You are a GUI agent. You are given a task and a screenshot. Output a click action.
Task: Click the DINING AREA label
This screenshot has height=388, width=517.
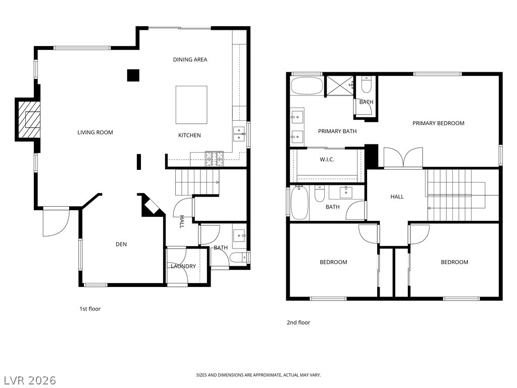point(190,60)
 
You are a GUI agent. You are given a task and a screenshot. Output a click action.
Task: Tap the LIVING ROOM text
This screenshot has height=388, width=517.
point(95,133)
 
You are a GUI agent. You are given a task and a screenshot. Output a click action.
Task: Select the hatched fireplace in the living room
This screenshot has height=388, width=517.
point(29,119)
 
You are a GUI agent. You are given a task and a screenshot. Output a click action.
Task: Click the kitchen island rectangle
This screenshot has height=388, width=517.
point(191,105)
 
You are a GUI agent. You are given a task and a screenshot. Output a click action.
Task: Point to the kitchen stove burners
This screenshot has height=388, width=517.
point(214,159)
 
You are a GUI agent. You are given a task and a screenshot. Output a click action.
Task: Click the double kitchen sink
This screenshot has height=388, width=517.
point(239,134)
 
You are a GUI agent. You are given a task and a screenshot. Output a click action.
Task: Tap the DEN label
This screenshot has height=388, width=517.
point(121,245)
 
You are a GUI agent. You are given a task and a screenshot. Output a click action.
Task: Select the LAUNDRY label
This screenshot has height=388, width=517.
point(183,266)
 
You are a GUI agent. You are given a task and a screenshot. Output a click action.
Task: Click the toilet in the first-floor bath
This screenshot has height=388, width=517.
point(238,257)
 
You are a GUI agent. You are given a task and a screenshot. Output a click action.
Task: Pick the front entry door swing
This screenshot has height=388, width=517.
point(57,223)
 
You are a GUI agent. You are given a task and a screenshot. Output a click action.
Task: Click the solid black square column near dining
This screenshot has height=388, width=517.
point(133,75)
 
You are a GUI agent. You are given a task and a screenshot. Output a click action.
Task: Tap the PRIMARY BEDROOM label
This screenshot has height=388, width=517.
point(439,123)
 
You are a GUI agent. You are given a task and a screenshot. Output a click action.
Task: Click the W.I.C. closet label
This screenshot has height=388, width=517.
point(327,160)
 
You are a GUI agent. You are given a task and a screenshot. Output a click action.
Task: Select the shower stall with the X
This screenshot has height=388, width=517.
point(340,85)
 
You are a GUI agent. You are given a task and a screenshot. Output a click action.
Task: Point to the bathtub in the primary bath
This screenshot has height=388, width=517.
point(306,86)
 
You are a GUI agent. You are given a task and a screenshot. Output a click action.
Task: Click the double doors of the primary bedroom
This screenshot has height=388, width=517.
point(403,158)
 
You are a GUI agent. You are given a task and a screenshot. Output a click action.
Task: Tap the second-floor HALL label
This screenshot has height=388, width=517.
point(397,197)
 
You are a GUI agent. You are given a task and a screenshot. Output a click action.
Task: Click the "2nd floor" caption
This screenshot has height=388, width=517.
point(298,323)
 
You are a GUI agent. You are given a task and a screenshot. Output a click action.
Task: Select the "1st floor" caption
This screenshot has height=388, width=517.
point(90,309)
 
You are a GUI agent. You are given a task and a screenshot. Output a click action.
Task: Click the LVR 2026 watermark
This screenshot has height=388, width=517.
point(28,380)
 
